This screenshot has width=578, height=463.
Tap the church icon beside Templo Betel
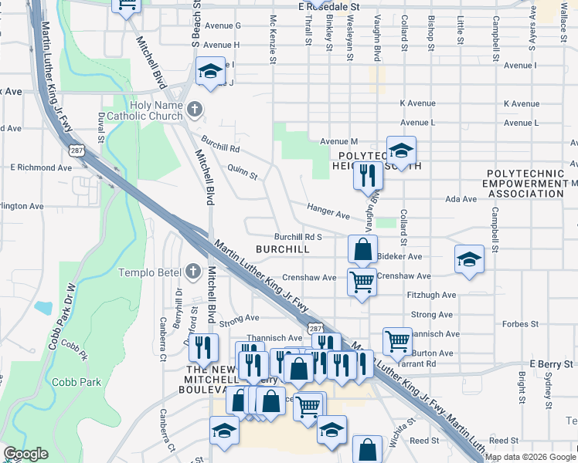194,272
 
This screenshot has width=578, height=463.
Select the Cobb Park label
76,382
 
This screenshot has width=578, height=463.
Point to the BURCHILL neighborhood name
282,249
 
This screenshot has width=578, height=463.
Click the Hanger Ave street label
328,209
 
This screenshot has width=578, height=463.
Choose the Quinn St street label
243,171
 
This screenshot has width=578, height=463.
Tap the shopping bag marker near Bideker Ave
362,249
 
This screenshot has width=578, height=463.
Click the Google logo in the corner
25,454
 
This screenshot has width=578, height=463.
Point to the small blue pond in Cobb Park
43,308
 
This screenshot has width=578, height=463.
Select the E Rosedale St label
329,5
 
